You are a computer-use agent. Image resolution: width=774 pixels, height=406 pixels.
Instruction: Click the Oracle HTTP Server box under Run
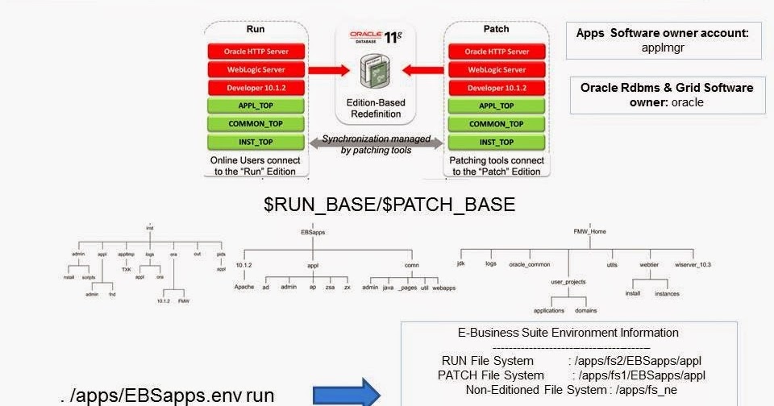point(255,52)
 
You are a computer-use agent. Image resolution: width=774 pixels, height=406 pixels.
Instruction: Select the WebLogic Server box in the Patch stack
point(497,69)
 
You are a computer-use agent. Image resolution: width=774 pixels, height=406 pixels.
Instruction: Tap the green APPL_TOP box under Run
point(255,106)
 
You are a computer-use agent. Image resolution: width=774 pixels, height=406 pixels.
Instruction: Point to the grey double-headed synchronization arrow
point(376,144)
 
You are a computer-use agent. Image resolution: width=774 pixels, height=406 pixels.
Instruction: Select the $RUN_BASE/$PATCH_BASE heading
point(389,205)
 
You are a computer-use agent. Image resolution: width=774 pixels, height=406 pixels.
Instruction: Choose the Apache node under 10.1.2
point(244,287)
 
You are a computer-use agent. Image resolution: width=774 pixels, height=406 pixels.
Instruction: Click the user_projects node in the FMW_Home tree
point(568,282)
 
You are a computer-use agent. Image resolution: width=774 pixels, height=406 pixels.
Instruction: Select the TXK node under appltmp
point(127,270)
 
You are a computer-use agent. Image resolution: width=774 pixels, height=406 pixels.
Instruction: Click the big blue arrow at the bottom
point(346,392)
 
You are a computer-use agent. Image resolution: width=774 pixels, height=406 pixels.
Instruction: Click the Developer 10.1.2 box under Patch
point(497,87)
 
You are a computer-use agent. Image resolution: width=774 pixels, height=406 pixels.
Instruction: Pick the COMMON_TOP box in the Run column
point(255,124)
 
